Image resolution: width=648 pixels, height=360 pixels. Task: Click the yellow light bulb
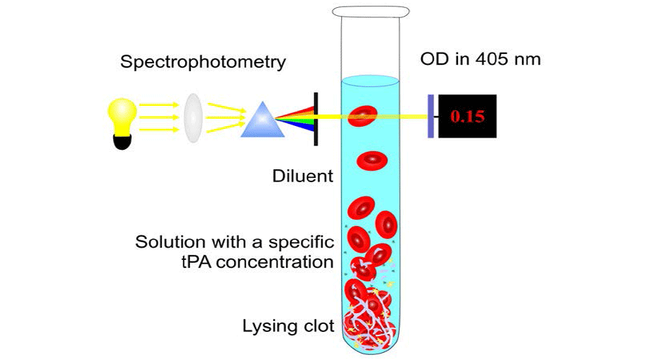click(x=122, y=114)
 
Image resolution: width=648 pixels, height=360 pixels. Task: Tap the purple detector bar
click(x=430, y=117)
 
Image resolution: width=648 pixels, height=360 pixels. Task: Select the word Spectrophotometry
click(x=203, y=62)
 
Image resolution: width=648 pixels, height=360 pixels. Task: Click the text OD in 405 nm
click(x=480, y=58)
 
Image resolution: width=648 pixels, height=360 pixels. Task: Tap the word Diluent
click(x=303, y=176)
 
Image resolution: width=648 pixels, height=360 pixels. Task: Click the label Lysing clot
click(x=289, y=326)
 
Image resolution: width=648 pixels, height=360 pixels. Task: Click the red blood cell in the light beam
click(x=363, y=116)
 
